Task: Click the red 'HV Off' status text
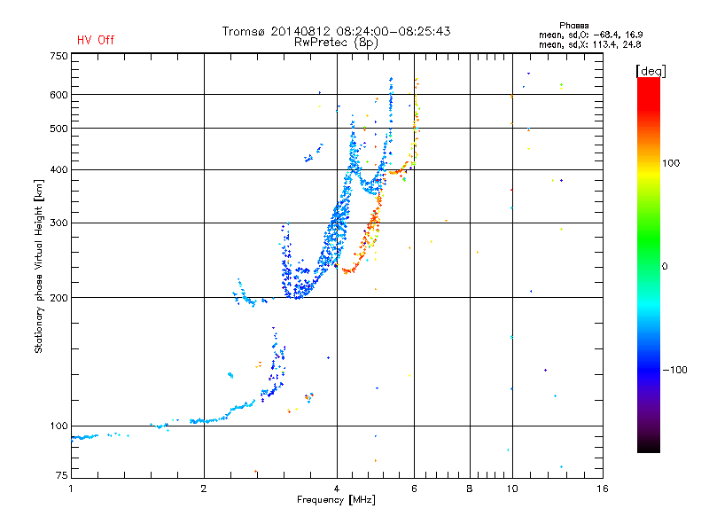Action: coord(96,40)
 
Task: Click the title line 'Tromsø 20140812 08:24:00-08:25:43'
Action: coord(336,31)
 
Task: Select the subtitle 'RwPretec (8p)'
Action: coord(336,43)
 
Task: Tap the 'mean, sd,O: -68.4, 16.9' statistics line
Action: coord(590,35)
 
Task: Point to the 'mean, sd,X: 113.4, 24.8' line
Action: coord(589,44)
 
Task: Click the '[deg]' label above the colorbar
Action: coord(651,71)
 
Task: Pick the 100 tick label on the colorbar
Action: coord(671,163)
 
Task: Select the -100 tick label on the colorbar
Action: coord(675,370)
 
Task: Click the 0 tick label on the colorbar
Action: coord(665,266)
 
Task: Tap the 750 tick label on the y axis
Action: coord(58,56)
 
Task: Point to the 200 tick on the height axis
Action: coord(58,298)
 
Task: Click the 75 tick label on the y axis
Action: coord(62,475)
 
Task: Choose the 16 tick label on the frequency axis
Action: coord(603,489)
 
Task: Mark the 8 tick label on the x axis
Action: coord(470,489)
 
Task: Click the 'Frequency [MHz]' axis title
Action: coord(336,500)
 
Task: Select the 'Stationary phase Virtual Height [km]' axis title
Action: coord(39,267)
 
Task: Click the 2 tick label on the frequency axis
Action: coord(204,489)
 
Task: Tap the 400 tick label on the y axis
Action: coord(58,169)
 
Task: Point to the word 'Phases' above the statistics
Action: coord(573,26)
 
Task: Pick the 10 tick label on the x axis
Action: coord(512,489)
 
